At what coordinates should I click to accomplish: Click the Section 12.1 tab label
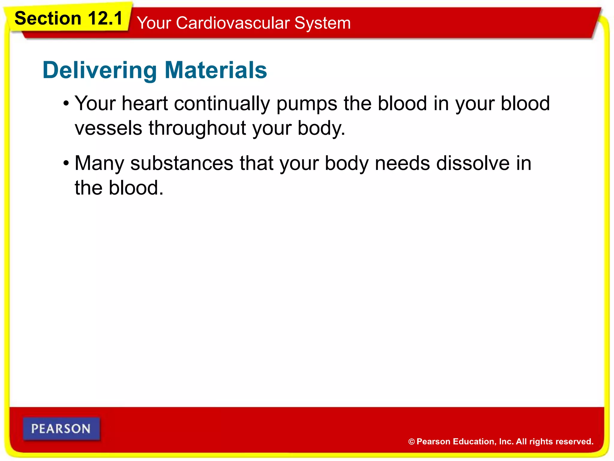[69, 19]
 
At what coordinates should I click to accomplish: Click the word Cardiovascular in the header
[233, 23]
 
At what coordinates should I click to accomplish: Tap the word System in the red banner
[322, 23]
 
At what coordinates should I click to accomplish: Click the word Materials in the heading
[216, 70]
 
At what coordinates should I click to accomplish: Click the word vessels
[108, 128]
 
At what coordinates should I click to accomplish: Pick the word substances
[182, 164]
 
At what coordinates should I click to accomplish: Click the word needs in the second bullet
[402, 164]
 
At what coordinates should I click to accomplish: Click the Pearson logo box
[61, 429]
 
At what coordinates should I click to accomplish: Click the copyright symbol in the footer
[411, 442]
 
